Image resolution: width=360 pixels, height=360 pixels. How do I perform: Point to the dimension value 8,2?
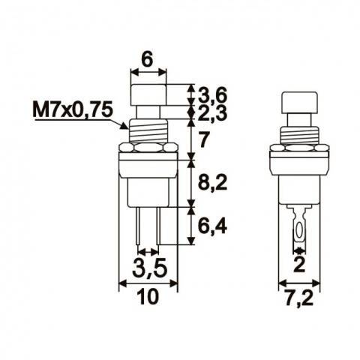click(x=212, y=180)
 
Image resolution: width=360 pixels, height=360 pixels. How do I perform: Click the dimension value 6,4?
click(x=212, y=226)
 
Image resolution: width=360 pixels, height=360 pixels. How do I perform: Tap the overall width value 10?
click(x=148, y=298)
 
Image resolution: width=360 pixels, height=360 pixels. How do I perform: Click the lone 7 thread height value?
click(x=203, y=139)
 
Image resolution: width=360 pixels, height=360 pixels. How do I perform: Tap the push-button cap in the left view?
click(x=148, y=95)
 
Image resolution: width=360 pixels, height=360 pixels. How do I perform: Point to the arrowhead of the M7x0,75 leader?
click(x=130, y=127)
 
